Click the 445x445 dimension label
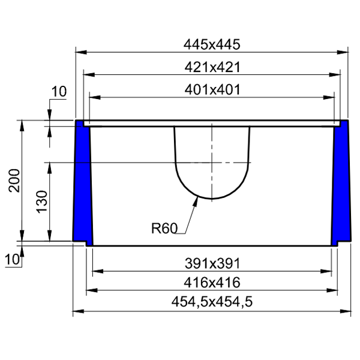point(212,44)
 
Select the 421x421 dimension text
point(212,67)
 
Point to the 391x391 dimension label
point(212,263)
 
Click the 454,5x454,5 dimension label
point(212,302)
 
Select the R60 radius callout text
point(165,228)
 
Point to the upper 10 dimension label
point(58,92)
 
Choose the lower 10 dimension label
point(13,259)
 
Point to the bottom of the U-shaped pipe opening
point(211,199)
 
